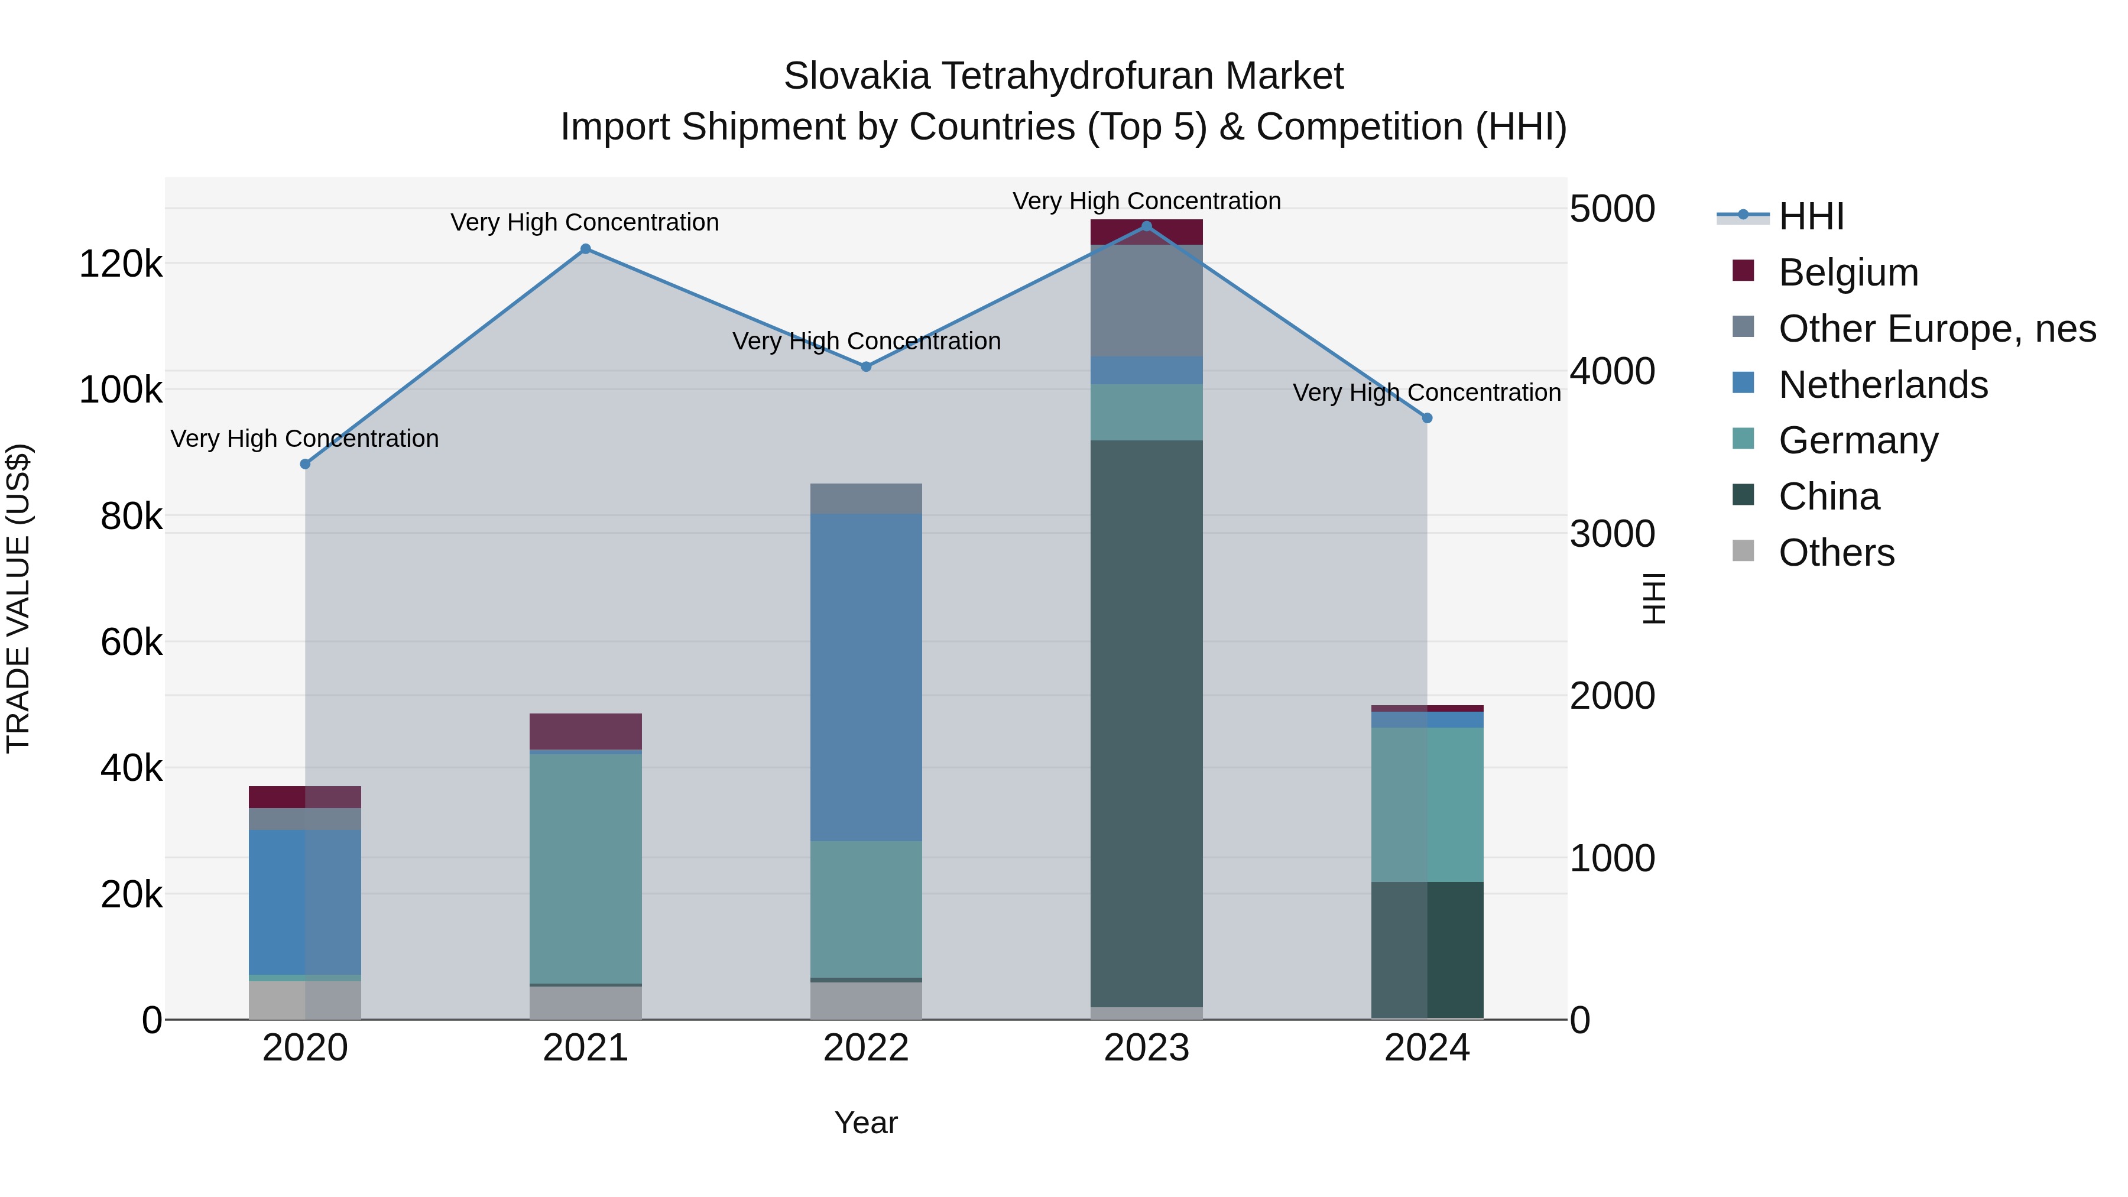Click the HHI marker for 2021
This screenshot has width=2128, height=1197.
click(586, 249)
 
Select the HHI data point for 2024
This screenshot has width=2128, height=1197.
click(1427, 418)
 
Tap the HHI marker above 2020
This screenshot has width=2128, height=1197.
click(305, 464)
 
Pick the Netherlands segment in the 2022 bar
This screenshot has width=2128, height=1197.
click(866, 677)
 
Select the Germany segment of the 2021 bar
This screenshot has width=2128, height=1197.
click(586, 867)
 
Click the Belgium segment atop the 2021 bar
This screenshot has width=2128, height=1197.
click(586, 731)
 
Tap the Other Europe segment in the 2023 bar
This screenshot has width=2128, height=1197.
click(1147, 301)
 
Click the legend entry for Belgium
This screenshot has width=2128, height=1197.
click(1848, 273)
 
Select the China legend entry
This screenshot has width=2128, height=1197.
click(1828, 497)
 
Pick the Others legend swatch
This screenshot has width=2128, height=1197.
click(1743, 551)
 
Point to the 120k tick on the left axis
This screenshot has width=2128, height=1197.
click(121, 264)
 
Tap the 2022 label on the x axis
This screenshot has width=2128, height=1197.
click(866, 1048)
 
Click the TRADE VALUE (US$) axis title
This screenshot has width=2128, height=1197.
click(18, 598)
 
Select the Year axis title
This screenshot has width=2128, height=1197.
click(866, 1123)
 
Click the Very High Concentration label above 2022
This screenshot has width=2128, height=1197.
click(866, 341)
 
